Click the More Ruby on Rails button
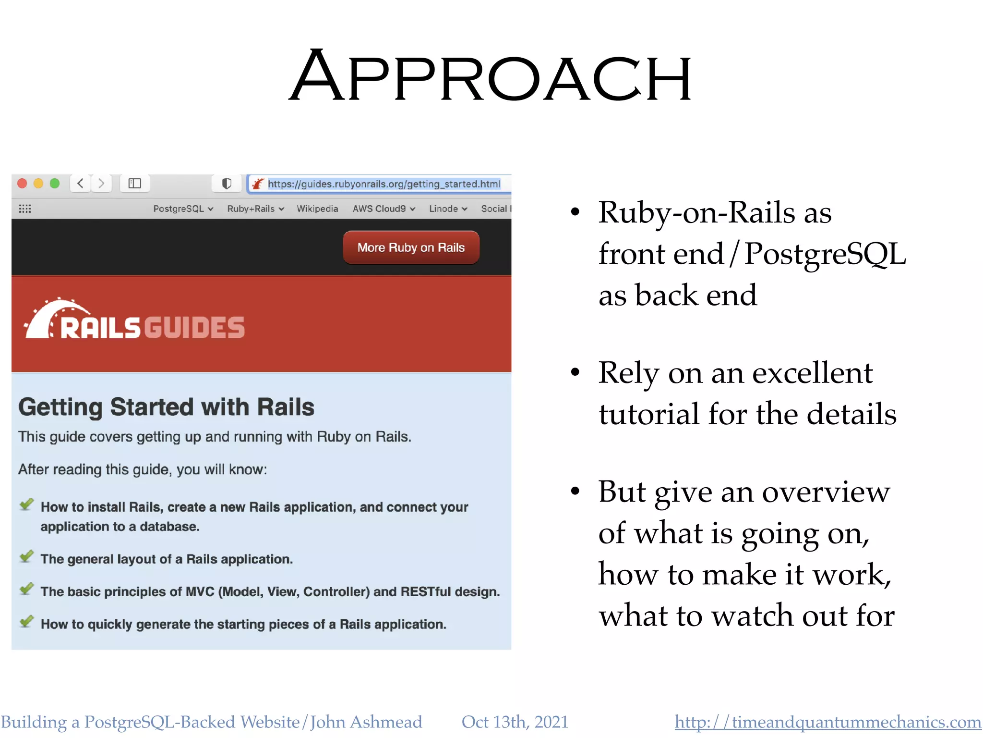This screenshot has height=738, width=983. tap(411, 247)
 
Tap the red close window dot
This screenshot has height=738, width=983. tap(22, 184)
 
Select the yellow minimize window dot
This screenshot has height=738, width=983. tap(38, 184)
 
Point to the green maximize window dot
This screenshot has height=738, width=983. tap(55, 184)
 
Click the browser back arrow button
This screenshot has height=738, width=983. tap(81, 184)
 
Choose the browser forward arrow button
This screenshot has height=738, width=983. tap(101, 184)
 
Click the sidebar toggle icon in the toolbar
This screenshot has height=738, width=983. tap(134, 184)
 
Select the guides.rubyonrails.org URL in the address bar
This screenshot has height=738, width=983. tap(384, 184)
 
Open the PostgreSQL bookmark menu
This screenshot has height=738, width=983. tap(183, 209)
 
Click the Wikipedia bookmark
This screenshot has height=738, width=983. tap(317, 209)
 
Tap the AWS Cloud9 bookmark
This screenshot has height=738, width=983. tap(384, 209)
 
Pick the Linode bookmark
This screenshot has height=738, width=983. tap(448, 209)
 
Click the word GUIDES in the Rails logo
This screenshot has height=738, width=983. tap(194, 328)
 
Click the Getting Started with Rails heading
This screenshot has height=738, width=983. tap(166, 407)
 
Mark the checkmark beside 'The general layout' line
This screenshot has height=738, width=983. tap(26, 556)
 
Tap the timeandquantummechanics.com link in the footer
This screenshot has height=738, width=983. tap(827, 722)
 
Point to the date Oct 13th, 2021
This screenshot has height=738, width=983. tap(515, 722)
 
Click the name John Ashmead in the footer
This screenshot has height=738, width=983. tap(366, 722)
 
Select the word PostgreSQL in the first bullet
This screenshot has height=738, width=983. tap(825, 254)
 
